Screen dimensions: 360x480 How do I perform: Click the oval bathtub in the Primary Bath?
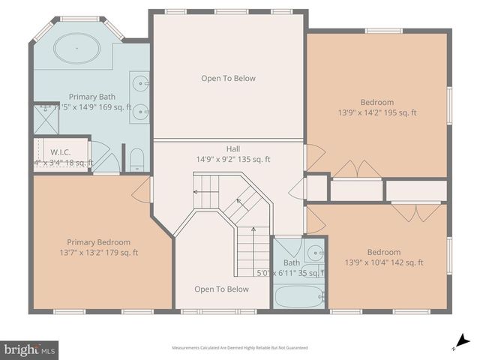point(76,49)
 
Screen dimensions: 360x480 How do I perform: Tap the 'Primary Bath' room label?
point(91,97)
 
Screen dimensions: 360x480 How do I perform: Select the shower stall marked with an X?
point(45,120)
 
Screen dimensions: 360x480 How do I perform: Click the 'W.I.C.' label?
point(60,152)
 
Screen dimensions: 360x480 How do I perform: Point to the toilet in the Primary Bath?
point(136,159)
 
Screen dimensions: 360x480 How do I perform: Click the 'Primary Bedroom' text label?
point(98,242)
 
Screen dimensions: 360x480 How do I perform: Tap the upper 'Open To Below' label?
point(228,78)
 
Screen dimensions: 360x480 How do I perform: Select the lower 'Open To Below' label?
point(221,289)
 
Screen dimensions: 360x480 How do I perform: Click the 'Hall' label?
point(233,148)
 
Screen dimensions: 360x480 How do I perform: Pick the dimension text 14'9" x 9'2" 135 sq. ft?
point(233,159)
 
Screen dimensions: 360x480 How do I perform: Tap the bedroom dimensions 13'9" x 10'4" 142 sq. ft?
point(384,262)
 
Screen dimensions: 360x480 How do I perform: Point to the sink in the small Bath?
point(315,252)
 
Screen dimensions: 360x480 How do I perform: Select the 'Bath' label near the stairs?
point(291,262)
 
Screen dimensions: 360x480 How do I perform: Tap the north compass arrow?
point(461,341)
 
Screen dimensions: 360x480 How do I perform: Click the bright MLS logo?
point(30,349)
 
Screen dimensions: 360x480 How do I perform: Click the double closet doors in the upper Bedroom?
point(357,169)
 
